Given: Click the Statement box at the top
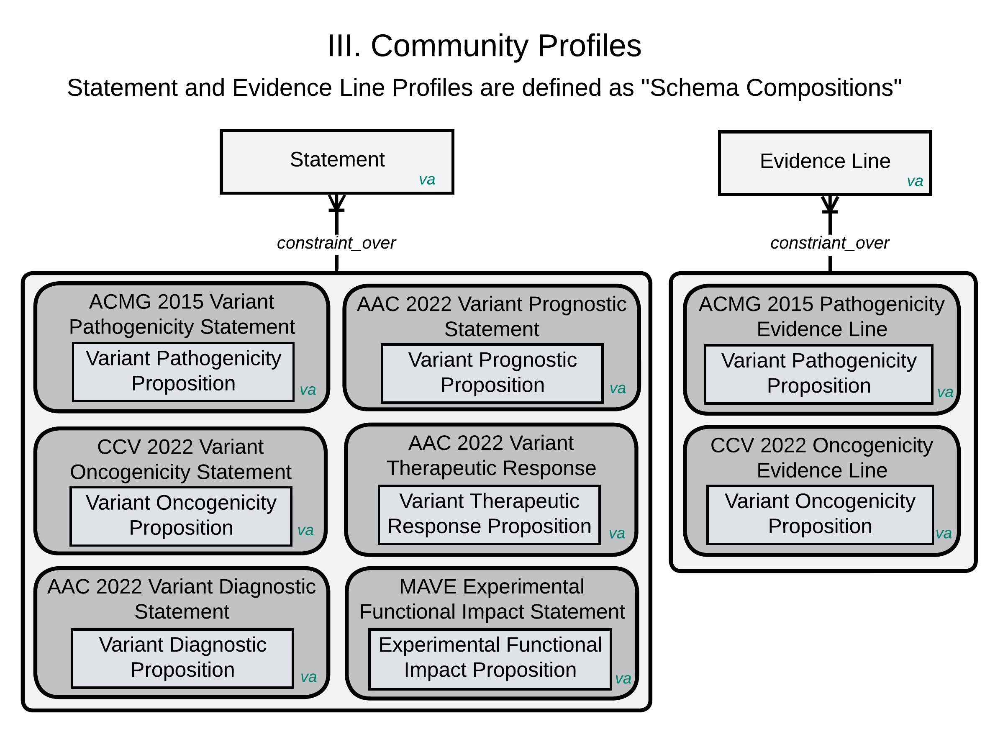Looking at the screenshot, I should (x=337, y=162).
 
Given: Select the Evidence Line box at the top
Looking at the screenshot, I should (x=825, y=163).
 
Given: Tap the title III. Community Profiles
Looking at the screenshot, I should (x=484, y=46).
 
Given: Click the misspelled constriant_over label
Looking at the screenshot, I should (x=830, y=243).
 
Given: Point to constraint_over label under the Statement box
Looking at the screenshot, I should (x=336, y=243).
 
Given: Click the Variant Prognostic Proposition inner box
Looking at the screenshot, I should (x=492, y=373).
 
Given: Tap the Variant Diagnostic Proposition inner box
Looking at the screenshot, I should (x=182, y=658).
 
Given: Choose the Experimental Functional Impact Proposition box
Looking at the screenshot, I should (x=490, y=658).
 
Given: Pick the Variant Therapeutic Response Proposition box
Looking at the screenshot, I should (x=490, y=514).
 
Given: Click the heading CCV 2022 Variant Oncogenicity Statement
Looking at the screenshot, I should (x=181, y=460).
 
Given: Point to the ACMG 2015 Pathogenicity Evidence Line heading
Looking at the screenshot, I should (x=822, y=317).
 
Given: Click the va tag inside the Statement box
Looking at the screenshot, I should (x=427, y=180).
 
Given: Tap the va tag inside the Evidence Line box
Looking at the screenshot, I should (x=915, y=181).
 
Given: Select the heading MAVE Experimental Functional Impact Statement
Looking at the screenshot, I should (x=492, y=599).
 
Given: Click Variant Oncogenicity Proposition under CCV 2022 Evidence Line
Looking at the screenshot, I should (x=820, y=514).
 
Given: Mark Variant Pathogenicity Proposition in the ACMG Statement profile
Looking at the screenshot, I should (x=183, y=371).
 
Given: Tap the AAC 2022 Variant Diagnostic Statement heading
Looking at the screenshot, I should (x=182, y=599).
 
